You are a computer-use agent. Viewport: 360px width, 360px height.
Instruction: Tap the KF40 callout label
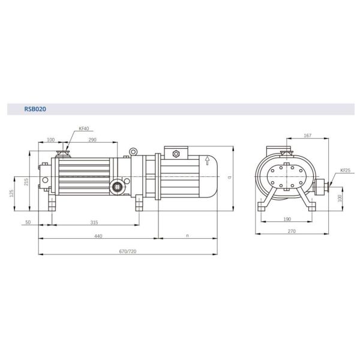[83, 128]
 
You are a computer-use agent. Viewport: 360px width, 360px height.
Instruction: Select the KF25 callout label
[345, 170]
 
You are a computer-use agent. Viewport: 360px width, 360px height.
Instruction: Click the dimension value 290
[92, 140]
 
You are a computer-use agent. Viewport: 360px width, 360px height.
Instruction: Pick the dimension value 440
[98, 236]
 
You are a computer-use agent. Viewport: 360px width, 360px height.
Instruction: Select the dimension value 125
[11, 193]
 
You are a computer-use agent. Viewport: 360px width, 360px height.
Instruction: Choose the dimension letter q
[230, 178]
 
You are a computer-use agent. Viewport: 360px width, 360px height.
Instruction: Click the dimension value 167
[307, 136]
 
